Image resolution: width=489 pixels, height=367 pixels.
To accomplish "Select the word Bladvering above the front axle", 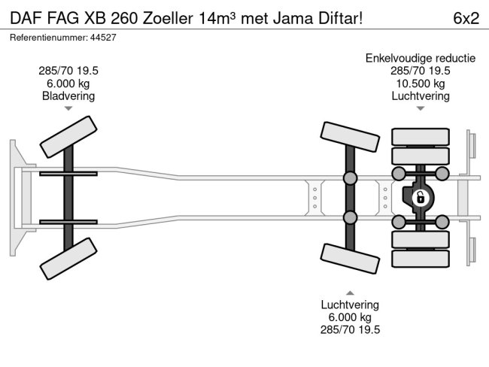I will [x=68, y=96].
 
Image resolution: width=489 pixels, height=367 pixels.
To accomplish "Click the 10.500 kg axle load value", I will [x=420, y=83].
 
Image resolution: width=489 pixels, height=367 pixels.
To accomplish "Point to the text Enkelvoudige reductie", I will [x=420, y=58].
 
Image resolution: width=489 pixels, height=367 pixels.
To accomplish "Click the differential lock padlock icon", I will [x=420, y=199].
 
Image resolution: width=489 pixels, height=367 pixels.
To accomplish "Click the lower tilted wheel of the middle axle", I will [x=350, y=258].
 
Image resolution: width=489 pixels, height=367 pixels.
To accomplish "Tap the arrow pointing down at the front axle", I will [x=68, y=109].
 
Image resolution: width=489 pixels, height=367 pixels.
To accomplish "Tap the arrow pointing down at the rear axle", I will [x=420, y=109].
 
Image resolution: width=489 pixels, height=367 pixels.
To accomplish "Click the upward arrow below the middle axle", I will [x=350, y=292].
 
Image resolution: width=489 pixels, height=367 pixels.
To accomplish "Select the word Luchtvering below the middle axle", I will [x=350, y=305].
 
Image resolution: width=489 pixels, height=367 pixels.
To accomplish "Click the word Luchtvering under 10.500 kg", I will [x=420, y=96].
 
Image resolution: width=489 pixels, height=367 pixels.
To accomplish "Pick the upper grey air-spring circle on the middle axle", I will [x=350, y=178].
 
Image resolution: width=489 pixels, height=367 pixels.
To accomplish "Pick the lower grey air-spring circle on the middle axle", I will [x=350, y=218].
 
